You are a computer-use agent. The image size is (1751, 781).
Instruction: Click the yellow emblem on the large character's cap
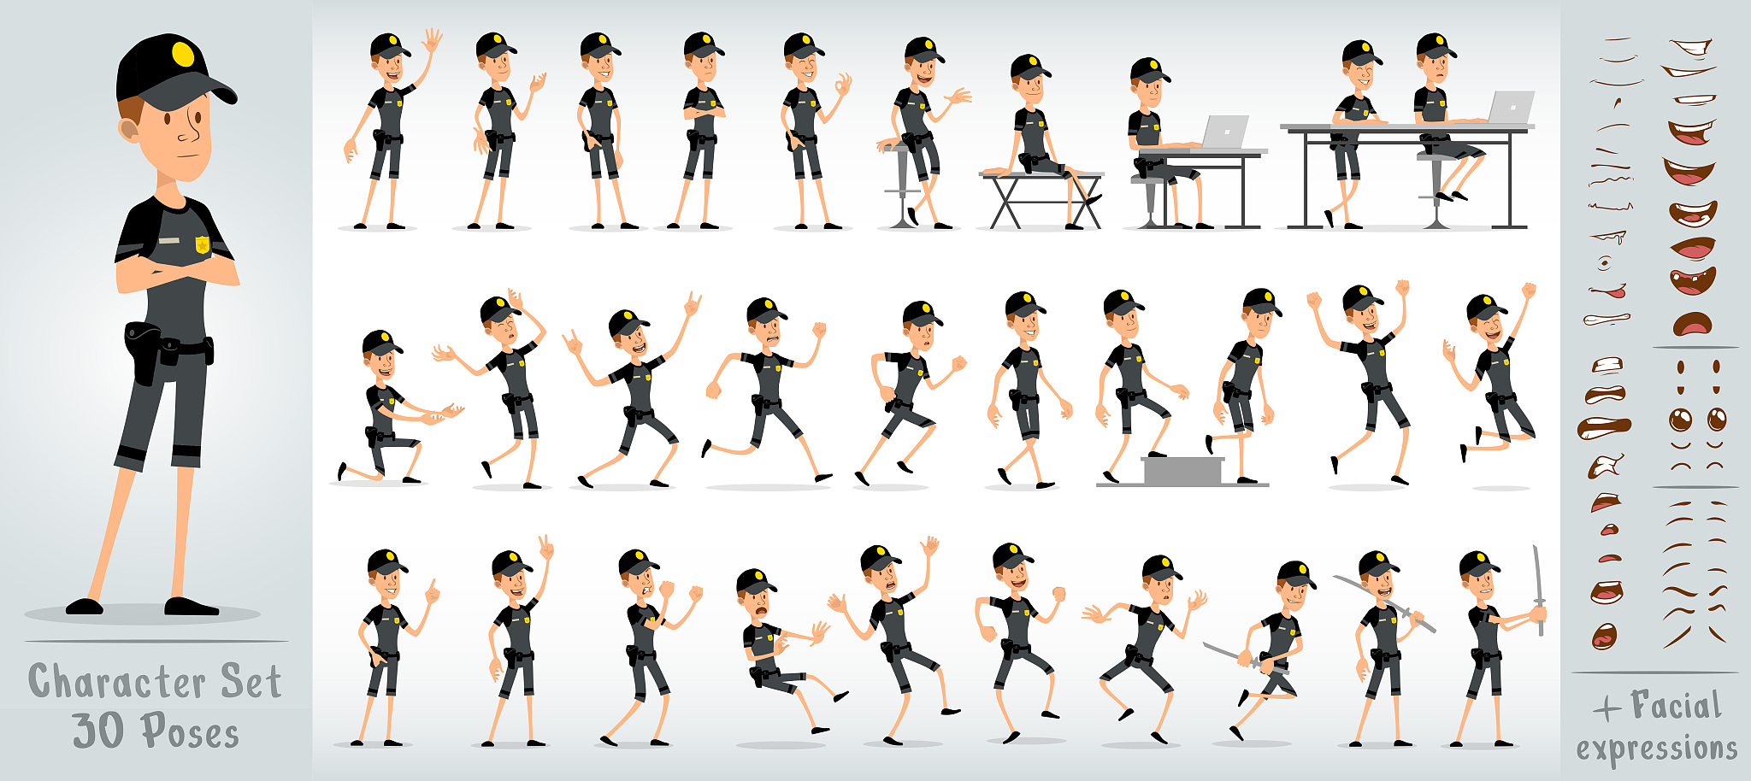click(183, 54)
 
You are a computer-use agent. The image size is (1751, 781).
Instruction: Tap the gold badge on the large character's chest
click(203, 245)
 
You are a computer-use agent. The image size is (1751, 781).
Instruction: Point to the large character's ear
click(129, 130)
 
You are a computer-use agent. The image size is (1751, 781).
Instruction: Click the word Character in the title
click(116, 682)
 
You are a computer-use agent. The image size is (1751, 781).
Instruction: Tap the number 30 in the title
click(99, 731)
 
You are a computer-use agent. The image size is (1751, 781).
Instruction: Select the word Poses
click(190, 731)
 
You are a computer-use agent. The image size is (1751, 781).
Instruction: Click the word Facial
click(1675, 706)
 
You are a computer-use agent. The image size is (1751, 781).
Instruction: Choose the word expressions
click(1656, 748)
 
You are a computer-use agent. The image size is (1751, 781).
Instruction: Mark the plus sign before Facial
click(1607, 708)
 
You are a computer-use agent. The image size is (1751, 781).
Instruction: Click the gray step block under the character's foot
click(1182, 471)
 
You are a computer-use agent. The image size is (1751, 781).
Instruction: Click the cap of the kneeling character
click(380, 342)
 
